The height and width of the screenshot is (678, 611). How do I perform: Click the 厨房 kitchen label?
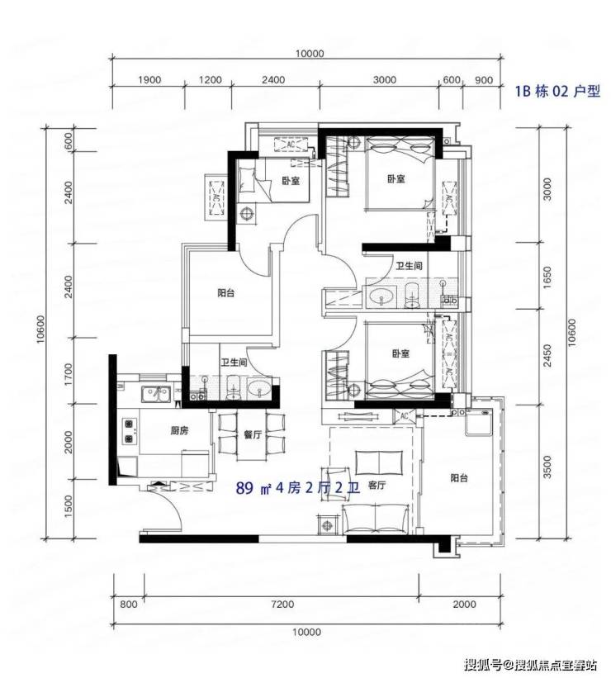tap(179, 431)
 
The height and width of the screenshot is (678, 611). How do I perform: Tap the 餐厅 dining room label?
tap(253, 434)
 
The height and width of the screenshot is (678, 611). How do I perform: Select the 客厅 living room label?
tap(377, 485)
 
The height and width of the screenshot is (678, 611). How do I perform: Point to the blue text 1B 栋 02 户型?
tap(557, 91)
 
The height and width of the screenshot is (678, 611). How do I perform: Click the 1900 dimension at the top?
tap(149, 80)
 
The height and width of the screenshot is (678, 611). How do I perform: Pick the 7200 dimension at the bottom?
tap(282, 604)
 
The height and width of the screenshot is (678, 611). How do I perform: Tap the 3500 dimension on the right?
tap(547, 467)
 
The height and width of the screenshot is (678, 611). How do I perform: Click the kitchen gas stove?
tap(130, 431)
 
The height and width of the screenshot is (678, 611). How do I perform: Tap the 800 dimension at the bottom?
tap(129, 604)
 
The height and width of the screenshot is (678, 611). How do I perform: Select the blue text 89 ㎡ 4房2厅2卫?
tap(298, 489)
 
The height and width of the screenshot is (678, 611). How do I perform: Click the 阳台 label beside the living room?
tap(459, 478)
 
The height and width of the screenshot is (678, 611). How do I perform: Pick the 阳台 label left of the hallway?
tap(225, 293)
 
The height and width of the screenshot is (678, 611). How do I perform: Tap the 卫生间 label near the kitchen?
tap(234, 363)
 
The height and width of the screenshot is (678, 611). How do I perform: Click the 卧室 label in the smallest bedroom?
tap(291, 181)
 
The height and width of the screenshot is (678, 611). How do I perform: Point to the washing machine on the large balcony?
tap(478, 423)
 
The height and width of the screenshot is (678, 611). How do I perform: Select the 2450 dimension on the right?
tap(547, 355)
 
